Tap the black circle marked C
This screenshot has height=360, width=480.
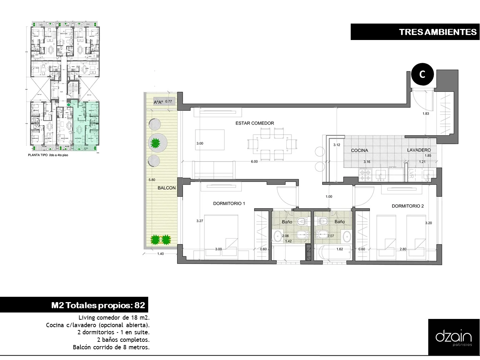click(x=422, y=75)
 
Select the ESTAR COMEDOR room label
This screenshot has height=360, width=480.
click(x=255, y=123)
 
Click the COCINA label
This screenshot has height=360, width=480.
click(x=359, y=150)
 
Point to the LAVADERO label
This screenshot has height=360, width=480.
click(x=419, y=150)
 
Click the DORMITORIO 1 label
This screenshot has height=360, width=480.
click(x=229, y=204)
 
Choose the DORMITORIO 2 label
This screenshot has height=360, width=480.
click(x=407, y=206)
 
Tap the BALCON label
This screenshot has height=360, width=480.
click(x=167, y=188)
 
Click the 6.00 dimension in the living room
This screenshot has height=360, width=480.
click(x=254, y=162)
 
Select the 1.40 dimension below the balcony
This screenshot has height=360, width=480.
click(x=160, y=254)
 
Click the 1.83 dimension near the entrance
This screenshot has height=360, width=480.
click(x=426, y=114)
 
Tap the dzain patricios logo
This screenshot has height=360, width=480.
click(x=454, y=337)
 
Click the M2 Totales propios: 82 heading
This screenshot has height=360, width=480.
click(x=98, y=305)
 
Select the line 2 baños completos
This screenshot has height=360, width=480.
click(x=123, y=340)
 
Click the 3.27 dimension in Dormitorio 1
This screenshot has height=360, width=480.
click(x=200, y=221)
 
